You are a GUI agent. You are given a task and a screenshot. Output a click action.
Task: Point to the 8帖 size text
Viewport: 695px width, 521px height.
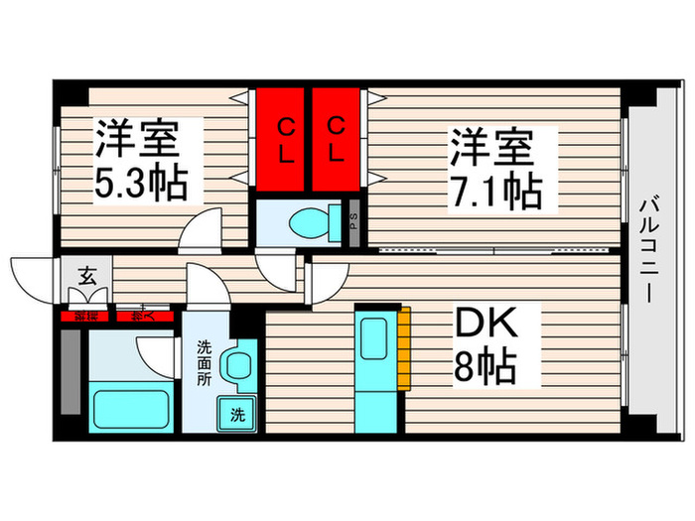tap(485, 369)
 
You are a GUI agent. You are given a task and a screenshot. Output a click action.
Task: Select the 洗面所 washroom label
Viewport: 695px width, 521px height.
tap(203, 363)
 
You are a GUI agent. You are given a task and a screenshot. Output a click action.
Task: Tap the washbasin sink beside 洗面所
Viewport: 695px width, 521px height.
tap(239, 365)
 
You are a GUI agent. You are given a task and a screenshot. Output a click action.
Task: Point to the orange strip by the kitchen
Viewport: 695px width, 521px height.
tap(404, 346)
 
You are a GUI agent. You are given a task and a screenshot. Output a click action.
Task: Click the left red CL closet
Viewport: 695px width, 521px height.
tap(284, 140)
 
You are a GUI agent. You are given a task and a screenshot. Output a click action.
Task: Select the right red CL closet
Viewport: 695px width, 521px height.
tap(338, 140)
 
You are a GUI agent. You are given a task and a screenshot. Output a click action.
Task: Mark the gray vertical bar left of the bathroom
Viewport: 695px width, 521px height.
tap(70, 371)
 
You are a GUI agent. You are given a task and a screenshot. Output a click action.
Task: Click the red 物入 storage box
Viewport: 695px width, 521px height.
tap(147, 317)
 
